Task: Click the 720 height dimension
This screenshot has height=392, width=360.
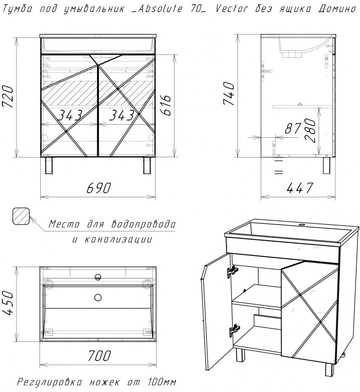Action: (7, 97)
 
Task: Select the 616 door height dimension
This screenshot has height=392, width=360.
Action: (166, 105)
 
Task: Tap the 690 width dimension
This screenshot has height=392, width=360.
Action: (98, 188)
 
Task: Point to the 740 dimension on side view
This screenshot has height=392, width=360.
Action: (229, 94)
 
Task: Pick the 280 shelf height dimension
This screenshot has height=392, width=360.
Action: (310, 130)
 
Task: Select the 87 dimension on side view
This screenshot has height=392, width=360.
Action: (293, 128)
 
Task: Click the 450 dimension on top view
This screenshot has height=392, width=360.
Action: (7, 303)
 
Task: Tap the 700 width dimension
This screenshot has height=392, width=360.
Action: (99, 355)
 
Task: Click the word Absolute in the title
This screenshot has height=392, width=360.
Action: (160, 9)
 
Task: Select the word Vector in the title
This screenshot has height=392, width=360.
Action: (232, 9)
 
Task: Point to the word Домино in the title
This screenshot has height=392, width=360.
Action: (337, 9)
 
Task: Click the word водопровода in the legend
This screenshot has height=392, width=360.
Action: (143, 224)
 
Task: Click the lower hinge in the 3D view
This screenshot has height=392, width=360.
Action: (234, 330)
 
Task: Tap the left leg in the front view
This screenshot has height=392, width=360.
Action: (49, 165)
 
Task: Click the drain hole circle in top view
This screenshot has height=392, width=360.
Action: (98, 297)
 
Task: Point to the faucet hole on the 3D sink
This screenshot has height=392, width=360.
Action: (302, 225)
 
